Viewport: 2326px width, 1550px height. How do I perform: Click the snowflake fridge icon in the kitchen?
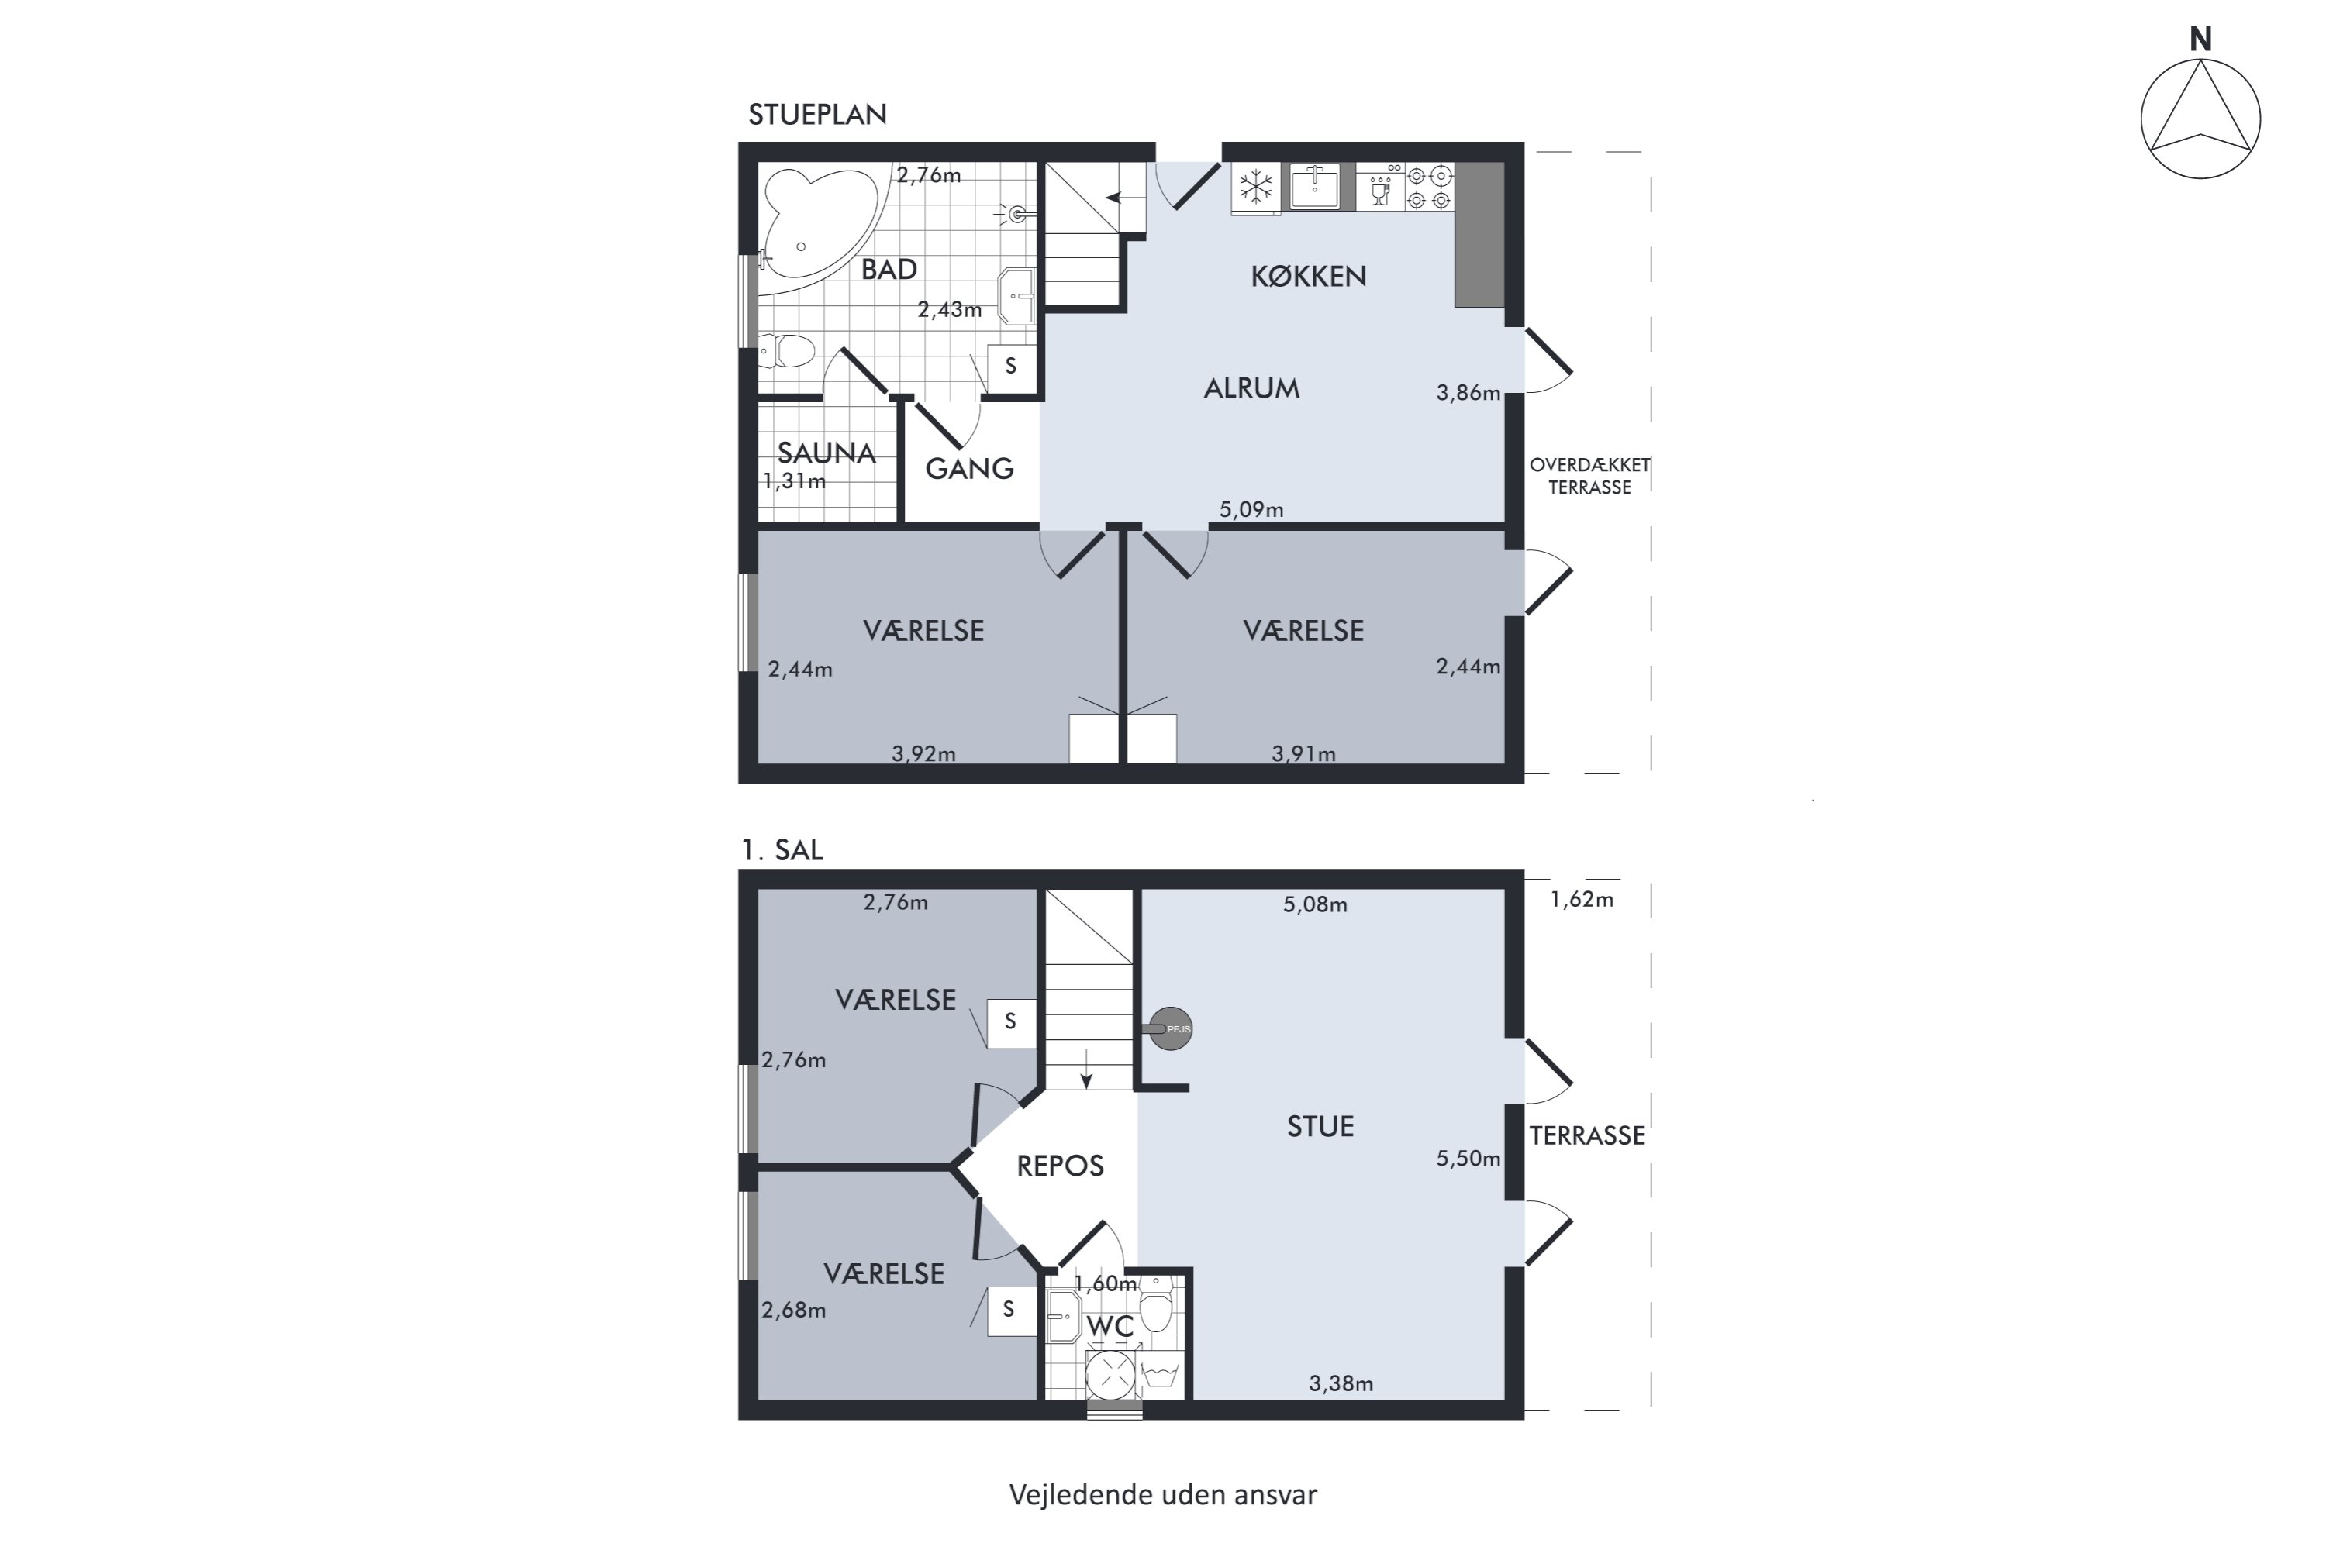coord(1256,187)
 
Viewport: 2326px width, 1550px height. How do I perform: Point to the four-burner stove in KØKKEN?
coord(1430,187)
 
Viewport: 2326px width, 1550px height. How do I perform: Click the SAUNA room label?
coord(827,453)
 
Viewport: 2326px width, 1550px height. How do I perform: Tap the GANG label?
coord(969,469)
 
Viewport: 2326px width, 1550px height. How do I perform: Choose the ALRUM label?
coord(1251,388)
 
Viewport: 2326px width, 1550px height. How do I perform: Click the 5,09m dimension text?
coord(1251,509)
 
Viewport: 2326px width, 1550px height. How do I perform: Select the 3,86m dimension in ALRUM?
coord(1468,392)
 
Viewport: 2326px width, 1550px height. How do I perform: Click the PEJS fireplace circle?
coord(1171,1029)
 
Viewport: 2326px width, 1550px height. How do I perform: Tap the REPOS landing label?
coord(1060,1166)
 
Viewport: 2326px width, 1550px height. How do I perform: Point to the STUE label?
coord(1320,1126)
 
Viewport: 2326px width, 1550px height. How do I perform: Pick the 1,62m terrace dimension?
coord(1582,900)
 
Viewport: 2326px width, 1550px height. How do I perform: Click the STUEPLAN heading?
coord(817,115)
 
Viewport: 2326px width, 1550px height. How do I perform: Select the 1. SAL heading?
coord(782,850)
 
